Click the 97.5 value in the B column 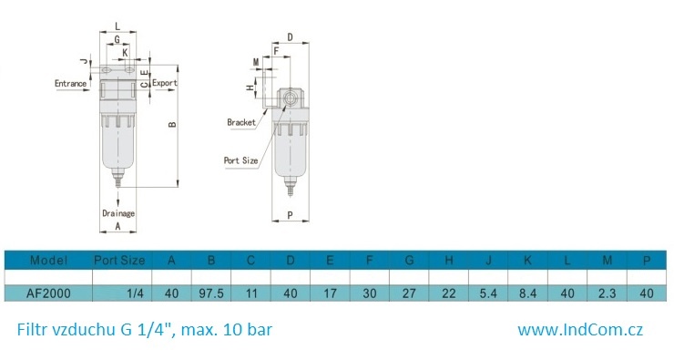[211, 293]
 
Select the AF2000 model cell [48, 293]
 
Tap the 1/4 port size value [135, 293]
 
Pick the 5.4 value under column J [488, 293]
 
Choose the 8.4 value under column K [528, 293]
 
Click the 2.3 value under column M [607, 293]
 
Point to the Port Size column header [119, 261]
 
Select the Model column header [48, 261]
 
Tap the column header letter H [449, 261]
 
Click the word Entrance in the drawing [70, 84]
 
